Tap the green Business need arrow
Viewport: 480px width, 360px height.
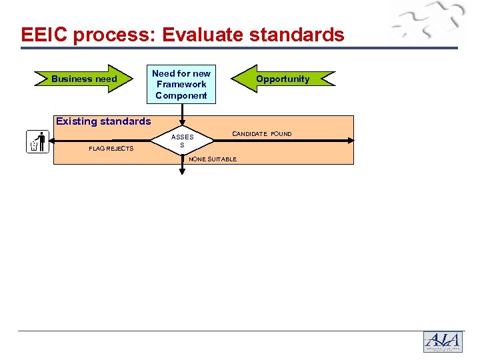84,79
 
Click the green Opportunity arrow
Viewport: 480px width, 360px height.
283,79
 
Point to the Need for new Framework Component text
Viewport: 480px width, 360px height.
181,85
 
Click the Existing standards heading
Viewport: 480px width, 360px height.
103,121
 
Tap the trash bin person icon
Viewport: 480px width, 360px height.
38,142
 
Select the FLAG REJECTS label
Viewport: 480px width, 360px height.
111,148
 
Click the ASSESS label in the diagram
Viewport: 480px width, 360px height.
182,141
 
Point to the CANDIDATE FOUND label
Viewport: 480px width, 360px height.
261,134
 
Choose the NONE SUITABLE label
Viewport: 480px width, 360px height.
213,159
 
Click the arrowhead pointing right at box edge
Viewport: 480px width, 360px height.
350,140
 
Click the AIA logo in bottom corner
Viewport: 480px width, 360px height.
442,342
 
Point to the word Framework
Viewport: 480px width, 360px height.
181,85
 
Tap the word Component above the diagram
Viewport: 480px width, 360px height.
181,95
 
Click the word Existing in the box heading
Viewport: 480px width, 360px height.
77,121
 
